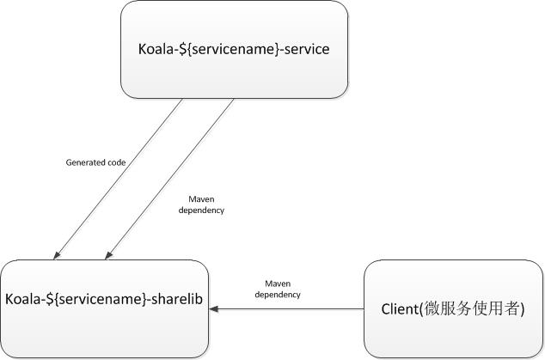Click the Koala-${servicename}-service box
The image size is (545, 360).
[x=235, y=49]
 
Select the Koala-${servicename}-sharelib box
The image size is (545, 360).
[x=104, y=309]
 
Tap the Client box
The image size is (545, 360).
[x=454, y=309]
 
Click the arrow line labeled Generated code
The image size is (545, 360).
[x=118, y=179]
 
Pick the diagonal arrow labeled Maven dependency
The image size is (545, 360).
[x=169, y=179]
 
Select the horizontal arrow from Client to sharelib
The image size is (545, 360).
[x=287, y=309]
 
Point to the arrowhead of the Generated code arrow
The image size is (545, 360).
[x=57, y=255]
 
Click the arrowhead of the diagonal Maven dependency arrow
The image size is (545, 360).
[x=108, y=255]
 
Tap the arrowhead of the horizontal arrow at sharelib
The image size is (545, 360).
[x=213, y=309]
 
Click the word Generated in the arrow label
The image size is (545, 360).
[x=85, y=162]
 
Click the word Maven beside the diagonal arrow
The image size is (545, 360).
[x=201, y=199]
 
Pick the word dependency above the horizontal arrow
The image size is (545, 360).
[x=278, y=295]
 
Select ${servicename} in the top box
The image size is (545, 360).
[x=229, y=49]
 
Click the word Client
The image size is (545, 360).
[x=400, y=309]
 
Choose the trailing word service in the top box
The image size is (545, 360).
[x=307, y=49]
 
